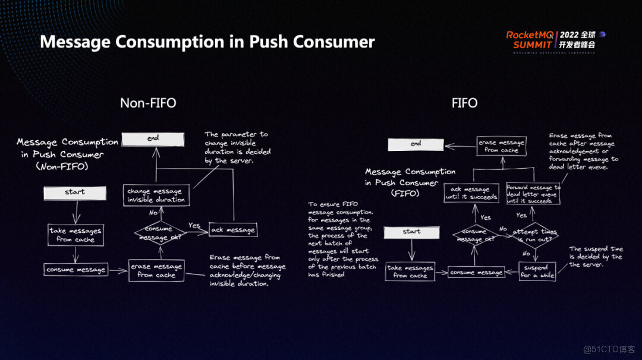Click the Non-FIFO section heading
148,103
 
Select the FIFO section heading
464,103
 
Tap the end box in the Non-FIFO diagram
153,139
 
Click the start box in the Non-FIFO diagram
75,192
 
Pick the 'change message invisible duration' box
156,195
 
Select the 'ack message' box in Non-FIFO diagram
233,230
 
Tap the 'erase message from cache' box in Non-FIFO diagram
156,271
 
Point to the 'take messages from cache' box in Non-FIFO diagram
75,235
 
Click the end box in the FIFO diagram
416,144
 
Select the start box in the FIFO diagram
411,232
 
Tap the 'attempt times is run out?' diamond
535,235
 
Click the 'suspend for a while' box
537,271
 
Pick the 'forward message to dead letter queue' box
533,194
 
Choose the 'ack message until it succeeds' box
471,193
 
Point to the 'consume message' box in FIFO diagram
476,273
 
